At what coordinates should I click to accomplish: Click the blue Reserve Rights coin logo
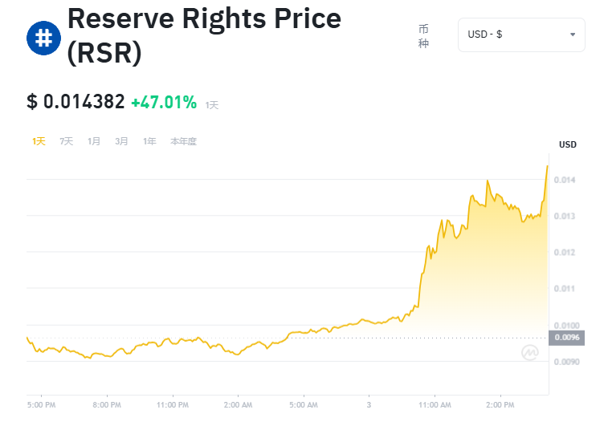click(x=41, y=38)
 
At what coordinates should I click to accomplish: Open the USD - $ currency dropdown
click(x=521, y=34)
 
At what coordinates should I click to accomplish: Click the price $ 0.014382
click(x=75, y=102)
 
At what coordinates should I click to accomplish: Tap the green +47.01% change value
click(x=164, y=102)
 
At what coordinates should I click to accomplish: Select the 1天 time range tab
click(x=39, y=141)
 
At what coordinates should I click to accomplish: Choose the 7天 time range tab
click(x=66, y=141)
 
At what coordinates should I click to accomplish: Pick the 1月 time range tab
click(x=94, y=141)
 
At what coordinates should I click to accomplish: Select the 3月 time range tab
click(x=121, y=141)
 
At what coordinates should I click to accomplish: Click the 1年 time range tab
click(x=149, y=141)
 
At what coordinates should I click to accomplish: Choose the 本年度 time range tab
click(x=183, y=141)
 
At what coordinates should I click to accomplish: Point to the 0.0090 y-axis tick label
click(x=567, y=362)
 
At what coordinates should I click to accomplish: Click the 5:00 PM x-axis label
click(x=41, y=405)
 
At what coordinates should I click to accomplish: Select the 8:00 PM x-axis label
click(x=107, y=405)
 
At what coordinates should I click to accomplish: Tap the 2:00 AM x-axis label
click(x=238, y=405)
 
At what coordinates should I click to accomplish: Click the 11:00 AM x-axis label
click(x=435, y=405)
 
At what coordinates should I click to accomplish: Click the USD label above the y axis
click(x=568, y=144)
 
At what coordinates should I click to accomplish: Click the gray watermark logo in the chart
click(x=529, y=352)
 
